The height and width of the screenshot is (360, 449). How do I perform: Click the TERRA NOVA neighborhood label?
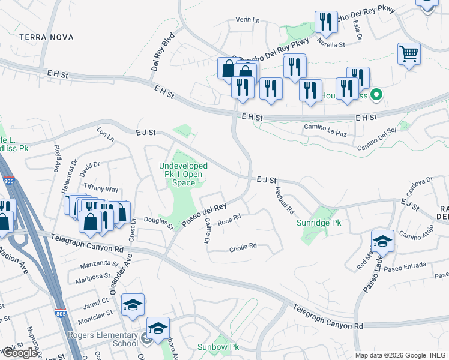click(x=46, y=37)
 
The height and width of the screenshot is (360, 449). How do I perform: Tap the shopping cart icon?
click(x=409, y=54)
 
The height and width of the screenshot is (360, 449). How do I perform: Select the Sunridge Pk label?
click(x=319, y=223)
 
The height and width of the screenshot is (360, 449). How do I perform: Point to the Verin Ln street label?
click(x=247, y=20)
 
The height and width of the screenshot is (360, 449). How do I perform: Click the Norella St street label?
click(x=331, y=44)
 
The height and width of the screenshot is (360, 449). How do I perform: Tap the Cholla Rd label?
click(x=243, y=246)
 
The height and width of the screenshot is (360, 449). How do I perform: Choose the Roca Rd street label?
click(x=229, y=221)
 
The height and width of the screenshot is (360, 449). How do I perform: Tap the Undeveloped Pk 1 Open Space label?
click(x=183, y=174)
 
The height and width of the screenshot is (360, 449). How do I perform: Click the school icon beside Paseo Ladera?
click(x=382, y=241)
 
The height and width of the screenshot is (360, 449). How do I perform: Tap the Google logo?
click(x=20, y=352)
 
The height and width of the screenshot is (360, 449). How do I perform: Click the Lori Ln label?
click(x=105, y=133)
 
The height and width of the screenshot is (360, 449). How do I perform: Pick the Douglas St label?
click(x=158, y=223)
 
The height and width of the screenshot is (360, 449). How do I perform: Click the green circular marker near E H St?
click(x=376, y=95)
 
